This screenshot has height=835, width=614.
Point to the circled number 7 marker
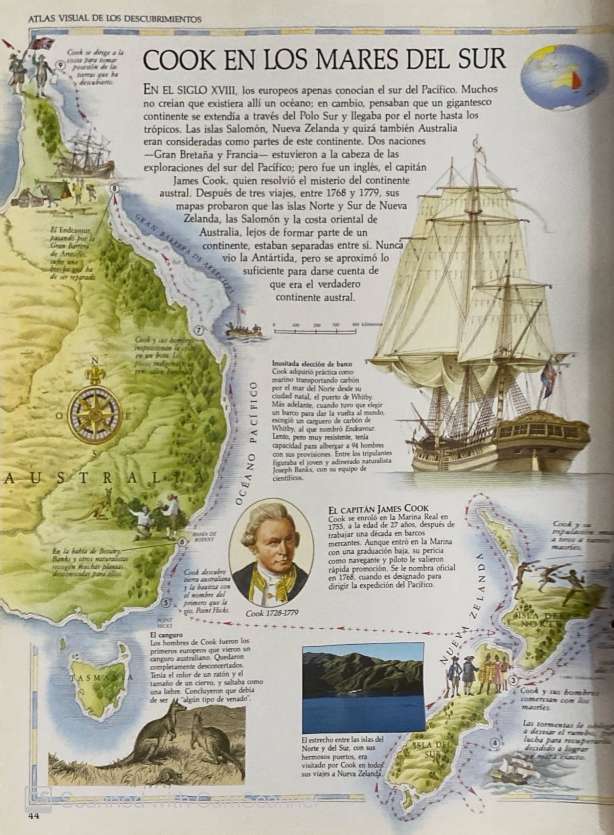[x=199, y=330]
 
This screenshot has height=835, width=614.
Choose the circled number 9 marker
[x=61, y=64]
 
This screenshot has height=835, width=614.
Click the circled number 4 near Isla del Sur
[x=494, y=743]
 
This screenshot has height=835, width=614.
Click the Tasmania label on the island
[x=101, y=678]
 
